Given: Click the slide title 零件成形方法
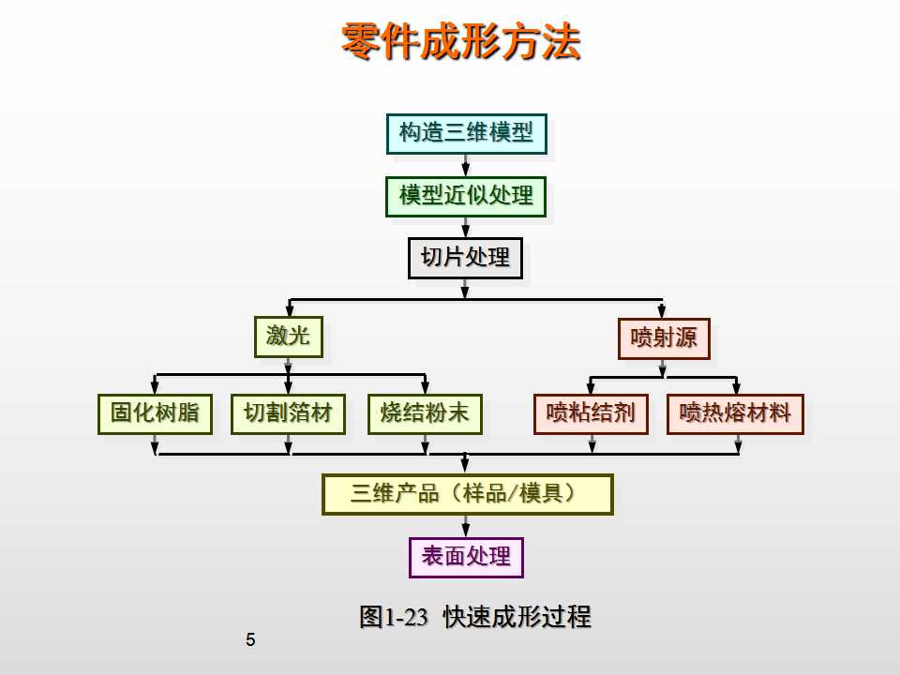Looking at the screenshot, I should [460, 41].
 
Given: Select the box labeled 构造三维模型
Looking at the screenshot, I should [466, 133].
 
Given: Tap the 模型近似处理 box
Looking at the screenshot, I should [466, 197].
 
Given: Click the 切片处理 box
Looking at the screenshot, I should [465, 258].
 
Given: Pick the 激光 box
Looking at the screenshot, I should [288, 337].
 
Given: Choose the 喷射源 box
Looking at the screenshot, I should [664, 338].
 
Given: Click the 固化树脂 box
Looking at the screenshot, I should [155, 413].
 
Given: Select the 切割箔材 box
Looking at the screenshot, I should [288, 413].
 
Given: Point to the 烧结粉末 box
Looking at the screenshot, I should [425, 413].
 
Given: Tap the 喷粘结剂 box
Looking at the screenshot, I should [591, 413].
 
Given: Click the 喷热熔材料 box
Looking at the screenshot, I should [735, 413].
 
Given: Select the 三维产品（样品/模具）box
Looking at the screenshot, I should [467, 494].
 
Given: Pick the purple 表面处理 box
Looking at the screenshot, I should [466, 557].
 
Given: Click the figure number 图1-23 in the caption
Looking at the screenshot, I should [393, 617].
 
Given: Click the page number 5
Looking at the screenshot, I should [249, 641].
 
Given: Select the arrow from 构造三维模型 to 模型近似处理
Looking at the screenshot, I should [466, 165].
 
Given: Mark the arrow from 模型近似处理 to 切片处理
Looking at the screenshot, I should [466, 228].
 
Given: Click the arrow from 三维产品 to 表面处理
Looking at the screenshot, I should [466, 527].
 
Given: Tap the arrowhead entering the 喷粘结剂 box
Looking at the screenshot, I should [591, 388].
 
